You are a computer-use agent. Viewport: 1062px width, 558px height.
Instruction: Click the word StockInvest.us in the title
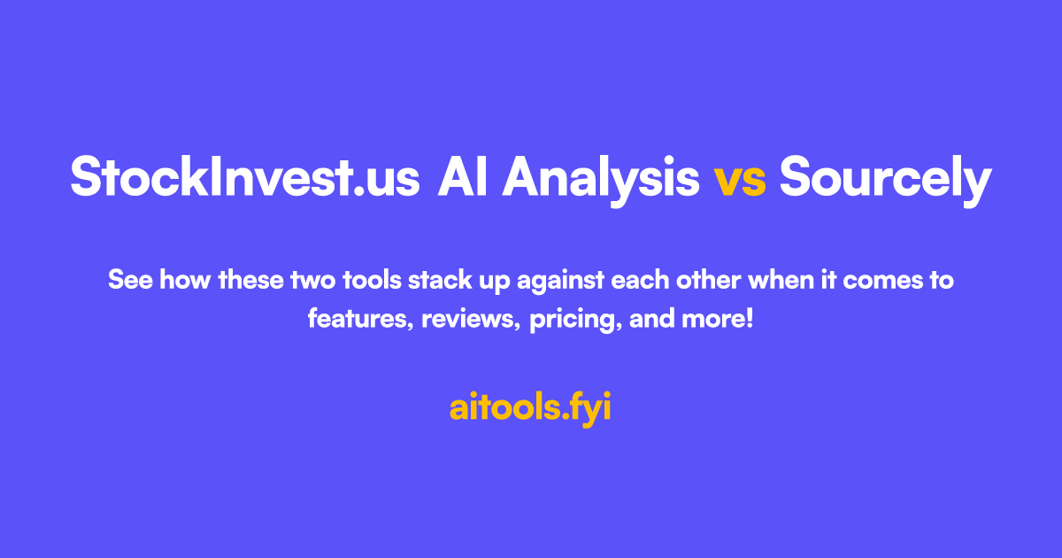click(x=245, y=176)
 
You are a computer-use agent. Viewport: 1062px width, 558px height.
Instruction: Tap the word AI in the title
click(x=463, y=176)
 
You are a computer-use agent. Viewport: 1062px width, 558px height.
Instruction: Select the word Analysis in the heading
click(x=601, y=181)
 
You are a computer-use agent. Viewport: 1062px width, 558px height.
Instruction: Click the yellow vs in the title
click(x=740, y=182)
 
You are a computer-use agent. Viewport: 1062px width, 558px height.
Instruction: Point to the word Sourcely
click(x=886, y=181)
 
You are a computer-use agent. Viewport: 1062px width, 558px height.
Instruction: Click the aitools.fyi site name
click(x=530, y=408)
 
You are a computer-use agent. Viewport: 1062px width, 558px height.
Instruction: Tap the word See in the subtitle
click(x=130, y=280)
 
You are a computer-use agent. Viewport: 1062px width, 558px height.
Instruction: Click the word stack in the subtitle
click(x=440, y=280)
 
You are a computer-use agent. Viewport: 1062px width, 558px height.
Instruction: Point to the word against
click(x=560, y=282)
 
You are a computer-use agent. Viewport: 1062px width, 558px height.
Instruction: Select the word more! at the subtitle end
click(x=718, y=319)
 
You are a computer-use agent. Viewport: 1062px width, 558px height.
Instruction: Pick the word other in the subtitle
click(x=708, y=280)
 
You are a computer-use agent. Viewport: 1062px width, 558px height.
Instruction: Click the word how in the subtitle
click(x=185, y=280)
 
